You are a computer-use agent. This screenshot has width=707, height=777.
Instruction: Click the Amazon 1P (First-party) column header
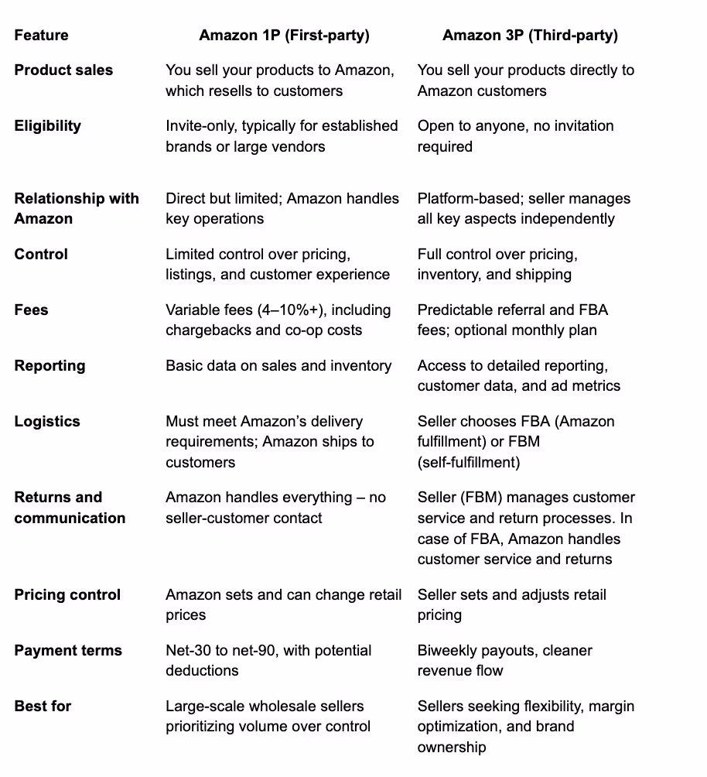[x=284, y=35]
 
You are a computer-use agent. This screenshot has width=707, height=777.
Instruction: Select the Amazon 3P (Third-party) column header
[x=530, y=35]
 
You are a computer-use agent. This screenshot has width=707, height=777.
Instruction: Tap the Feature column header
[x=41, y=35]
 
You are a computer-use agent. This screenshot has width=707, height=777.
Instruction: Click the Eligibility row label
[x=47, y=125]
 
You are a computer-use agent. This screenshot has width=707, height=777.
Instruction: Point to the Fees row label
[x=31, y=310]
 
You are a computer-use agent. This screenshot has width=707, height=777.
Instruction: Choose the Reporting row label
[x=50, y=365]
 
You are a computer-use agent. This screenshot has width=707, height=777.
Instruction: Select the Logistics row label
[x=47, y=421]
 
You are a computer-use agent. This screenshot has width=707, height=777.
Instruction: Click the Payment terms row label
[x=68, y=650]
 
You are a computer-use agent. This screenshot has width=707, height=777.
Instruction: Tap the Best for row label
[x=43, y=706]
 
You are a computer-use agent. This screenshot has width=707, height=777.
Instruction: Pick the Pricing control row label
[x=67, y=594]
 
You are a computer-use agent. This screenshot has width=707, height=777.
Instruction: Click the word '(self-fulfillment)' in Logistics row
[x=469, y=462]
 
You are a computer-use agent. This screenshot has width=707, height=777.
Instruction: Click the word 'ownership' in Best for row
[x=452, y=747]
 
